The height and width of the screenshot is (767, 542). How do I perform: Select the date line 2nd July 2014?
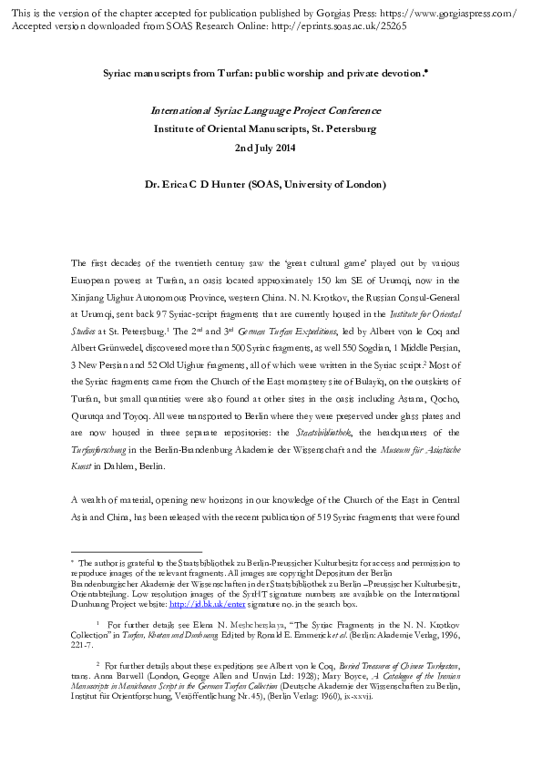pos(271,147)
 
